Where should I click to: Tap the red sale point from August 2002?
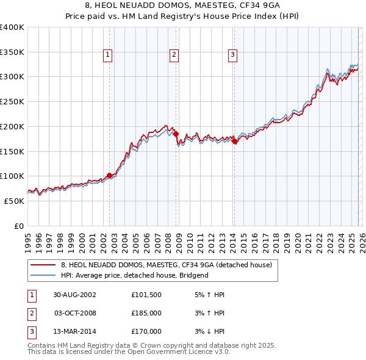[x=110, y=175]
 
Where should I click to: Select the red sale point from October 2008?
[x=176, y=134]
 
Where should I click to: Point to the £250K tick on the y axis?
[x=12, y=101]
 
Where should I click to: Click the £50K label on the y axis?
[x=14, y=201]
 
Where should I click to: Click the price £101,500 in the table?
[x=146, y=295]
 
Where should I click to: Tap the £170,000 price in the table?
[x=146, y=331]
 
